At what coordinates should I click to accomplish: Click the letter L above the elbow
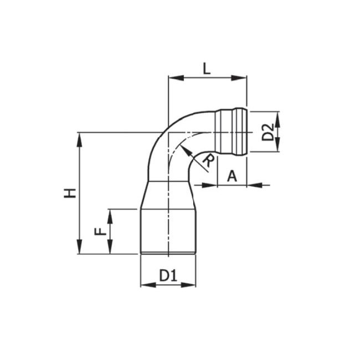206,69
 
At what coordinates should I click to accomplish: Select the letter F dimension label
100,231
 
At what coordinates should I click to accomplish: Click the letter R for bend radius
208,161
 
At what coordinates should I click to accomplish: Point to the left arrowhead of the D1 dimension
145,285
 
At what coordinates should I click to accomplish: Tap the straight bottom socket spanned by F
168,232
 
